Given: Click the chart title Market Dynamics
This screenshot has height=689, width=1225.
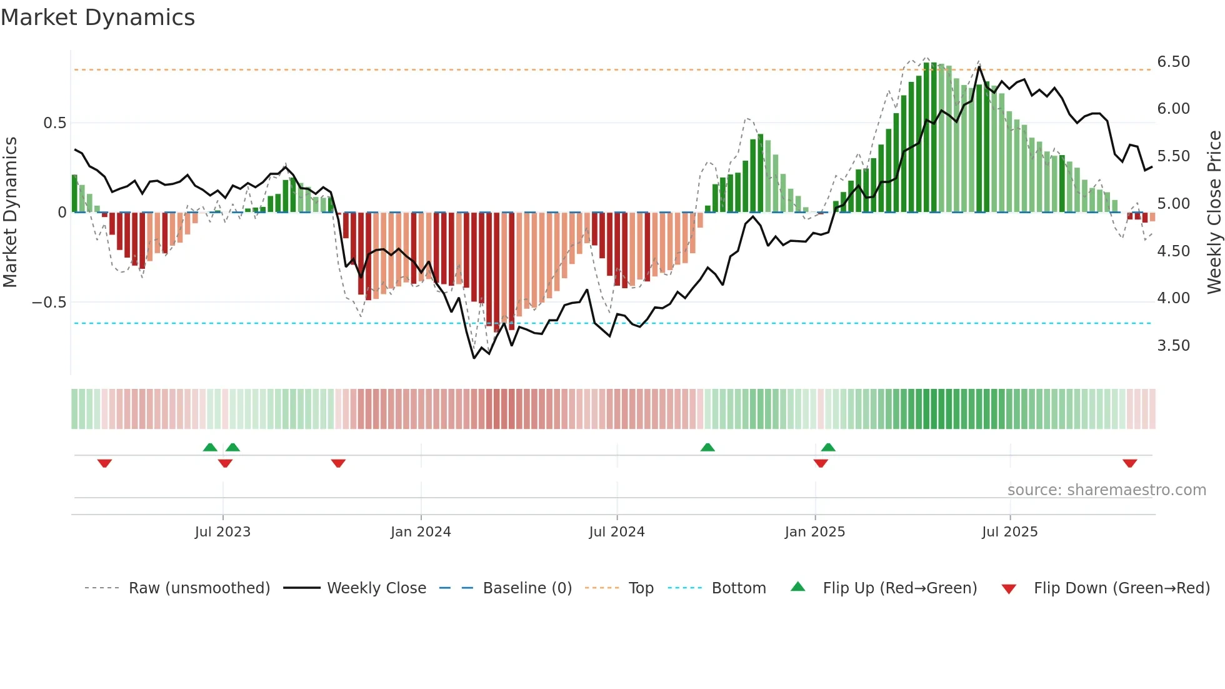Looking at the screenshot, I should (97, 18).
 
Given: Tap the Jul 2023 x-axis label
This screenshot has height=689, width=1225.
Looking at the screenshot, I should (222, 532).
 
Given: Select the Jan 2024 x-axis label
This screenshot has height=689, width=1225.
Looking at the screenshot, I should (421, 532).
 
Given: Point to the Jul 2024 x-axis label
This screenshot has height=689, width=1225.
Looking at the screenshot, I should (617, 532).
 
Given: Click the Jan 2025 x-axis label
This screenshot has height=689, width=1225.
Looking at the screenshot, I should (815, 532).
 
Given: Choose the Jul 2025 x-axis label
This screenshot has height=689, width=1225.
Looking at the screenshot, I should (1010, 532).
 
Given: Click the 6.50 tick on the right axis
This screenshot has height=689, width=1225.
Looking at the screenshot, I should (1173, 62).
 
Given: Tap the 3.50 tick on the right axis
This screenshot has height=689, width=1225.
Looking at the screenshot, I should (1173, 346).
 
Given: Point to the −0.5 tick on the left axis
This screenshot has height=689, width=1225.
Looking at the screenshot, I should (49, 303).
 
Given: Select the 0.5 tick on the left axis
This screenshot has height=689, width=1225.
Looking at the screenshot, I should (54, 123).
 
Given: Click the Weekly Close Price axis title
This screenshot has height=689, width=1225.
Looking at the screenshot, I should (1214, 212).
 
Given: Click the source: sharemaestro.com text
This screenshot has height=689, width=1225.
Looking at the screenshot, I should (1106, 490).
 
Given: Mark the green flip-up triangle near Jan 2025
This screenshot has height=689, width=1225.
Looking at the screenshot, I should (828, 447).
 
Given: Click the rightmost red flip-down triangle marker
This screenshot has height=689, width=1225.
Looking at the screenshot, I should (1129, 463).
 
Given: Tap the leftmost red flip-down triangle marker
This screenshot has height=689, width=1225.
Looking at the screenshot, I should (104, 463).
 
